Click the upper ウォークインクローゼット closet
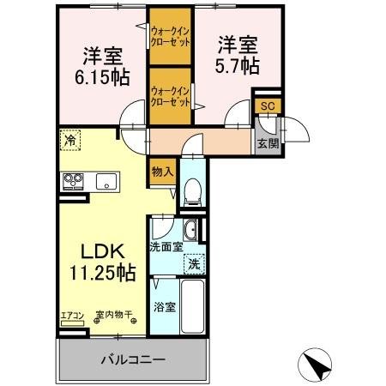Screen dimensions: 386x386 [x=170, y=38]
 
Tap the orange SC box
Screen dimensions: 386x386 [x=267, y=106]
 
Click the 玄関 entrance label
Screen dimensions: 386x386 [x=267, y=143]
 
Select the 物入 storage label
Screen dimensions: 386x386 [x=162, y=172]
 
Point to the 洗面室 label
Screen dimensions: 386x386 [x=166, y=247]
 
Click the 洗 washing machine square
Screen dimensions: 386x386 [x=195, y=264]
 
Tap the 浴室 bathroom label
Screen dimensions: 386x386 [x=166, y=306]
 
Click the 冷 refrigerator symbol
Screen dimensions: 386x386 [x=68, y=138]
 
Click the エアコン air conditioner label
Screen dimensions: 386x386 [x=71, y=316]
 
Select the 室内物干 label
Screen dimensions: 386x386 [x=113, y=316]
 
